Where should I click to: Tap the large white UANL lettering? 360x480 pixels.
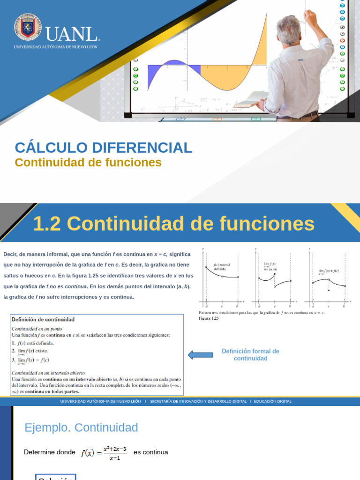click(72, 33)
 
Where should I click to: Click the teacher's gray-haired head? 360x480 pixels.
click(289, 29)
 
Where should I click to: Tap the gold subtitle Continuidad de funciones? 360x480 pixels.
click(88, 163)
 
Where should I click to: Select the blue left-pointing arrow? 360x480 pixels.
click(200, 355)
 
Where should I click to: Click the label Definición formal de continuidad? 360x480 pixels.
click(250, 355)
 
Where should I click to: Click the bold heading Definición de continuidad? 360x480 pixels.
click(43, 320)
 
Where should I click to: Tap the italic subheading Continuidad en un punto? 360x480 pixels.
click(37, 329)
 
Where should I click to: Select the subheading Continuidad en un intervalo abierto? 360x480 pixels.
click(51, 373)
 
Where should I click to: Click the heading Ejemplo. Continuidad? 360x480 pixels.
click(81, 427)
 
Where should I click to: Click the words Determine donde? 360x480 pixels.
click(49, 452)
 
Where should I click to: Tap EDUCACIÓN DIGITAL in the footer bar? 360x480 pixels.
click(272, 401)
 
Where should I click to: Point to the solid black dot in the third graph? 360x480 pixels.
click(329, 290)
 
